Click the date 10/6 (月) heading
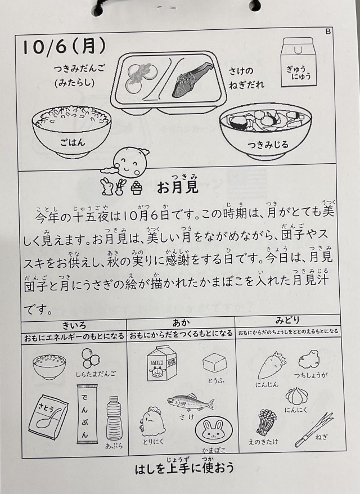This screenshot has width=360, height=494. tap(64, 47)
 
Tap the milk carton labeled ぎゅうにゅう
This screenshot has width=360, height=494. tap(298, 62)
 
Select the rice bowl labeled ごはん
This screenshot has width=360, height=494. tap(71, 131)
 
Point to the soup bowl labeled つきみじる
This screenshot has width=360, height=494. tap(265, 133)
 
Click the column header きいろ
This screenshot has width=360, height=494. tap(74, 325)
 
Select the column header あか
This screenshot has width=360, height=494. tap(181, 322)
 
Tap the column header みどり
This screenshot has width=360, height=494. tap(287, 320)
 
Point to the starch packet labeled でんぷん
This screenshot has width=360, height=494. tap(84, 414)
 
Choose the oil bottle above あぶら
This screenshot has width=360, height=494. tap(114, 417)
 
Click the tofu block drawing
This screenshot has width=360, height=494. tap(214, 363)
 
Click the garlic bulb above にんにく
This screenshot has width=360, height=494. tap(296, 396)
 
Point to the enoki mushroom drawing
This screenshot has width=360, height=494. tap(266, 422)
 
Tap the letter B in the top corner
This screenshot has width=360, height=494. tap(328, 32)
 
